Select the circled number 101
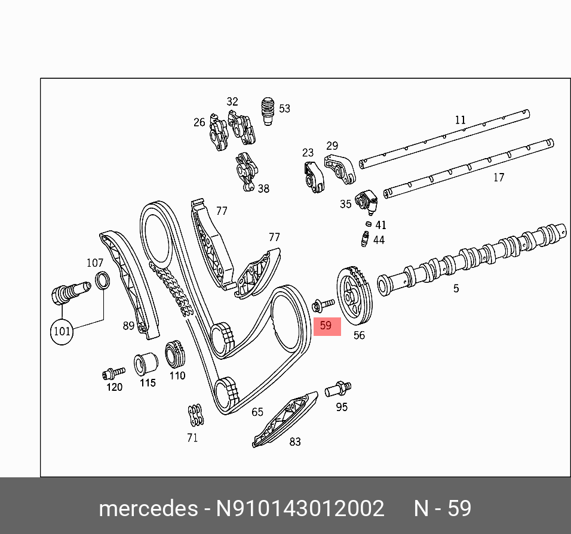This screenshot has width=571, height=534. [x=62, y=331]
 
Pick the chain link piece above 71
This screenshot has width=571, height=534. [x=194, y=415]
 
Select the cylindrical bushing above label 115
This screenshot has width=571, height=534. [x=145, y=362]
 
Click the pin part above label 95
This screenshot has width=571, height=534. [x=338, y=389]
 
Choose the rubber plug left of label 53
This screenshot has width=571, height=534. [x=268, y=112]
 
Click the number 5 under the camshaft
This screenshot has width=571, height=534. [x=456, y=288]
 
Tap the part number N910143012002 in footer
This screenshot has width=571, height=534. [x=300, y=508]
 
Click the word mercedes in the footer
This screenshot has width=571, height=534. [x=148, y=508]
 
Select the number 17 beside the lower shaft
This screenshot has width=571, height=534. [x=499, y=177]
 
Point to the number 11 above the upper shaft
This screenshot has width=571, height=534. [x=460, y=120]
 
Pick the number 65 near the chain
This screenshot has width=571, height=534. [x=257, y=412]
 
